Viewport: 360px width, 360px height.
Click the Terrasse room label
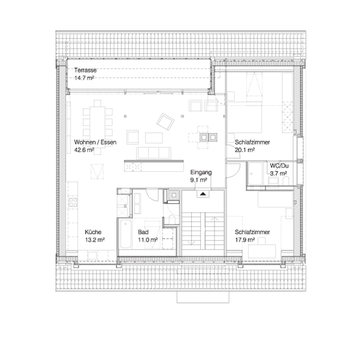[x=85, y=70]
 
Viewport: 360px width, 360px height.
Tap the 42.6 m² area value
[x=84, y=150]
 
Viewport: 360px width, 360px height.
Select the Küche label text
[x=93, y=232]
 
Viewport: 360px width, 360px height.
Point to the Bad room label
[x=143, y=232]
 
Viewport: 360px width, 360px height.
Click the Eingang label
[x=201, y=172]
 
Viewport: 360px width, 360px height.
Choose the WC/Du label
[x=279, y=166]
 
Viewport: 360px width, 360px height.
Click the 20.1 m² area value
[x=245, y=150]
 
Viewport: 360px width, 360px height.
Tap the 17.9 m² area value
[x=245, y=240]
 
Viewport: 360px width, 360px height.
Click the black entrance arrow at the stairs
[x=203, y=194]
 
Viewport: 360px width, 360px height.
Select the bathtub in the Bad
[x=126, y=234]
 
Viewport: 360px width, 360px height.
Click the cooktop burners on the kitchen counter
[x=73, y=202]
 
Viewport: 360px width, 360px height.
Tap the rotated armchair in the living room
[x=165, y=122]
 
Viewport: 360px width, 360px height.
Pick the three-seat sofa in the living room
[x=153, y=153]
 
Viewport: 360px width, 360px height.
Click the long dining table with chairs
[x=97, y=127]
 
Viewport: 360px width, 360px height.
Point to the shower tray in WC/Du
[x=255, y=174]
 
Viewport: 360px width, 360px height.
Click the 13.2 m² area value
[x=95, y=240]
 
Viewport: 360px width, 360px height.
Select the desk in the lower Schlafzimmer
[x=262, y=252]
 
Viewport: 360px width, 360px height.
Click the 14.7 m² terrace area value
[x=84, y=78]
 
